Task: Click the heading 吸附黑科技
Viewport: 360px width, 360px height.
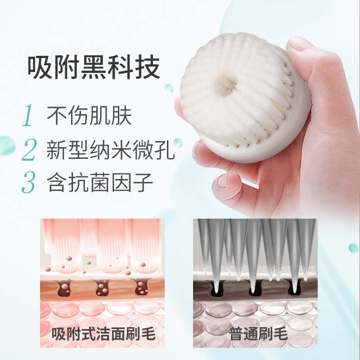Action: click(94, 67)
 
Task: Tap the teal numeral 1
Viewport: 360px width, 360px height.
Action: click(28, 115)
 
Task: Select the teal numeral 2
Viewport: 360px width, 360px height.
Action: click(29, 150)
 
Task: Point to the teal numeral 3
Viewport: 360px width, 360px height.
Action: click(29, 182)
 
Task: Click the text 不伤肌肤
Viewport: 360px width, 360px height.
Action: click(89, 115)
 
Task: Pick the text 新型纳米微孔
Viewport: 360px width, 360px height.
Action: click(111, 150)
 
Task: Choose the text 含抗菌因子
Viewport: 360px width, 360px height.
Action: click(100, 182)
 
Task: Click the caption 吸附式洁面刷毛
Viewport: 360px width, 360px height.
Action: click(103, 333)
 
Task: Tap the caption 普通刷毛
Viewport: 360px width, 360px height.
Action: click(258, 333)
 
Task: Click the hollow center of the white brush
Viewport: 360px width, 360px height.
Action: click(224, 86)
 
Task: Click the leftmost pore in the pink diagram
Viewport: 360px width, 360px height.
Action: click(65, 288)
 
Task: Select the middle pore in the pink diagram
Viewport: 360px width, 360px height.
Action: click(101, 288)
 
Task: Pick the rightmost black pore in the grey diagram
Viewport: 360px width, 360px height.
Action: click(294, 288)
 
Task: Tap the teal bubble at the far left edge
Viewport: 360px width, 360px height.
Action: click(6, 145)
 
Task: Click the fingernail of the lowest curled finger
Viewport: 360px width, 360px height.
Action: click(225, 181)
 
